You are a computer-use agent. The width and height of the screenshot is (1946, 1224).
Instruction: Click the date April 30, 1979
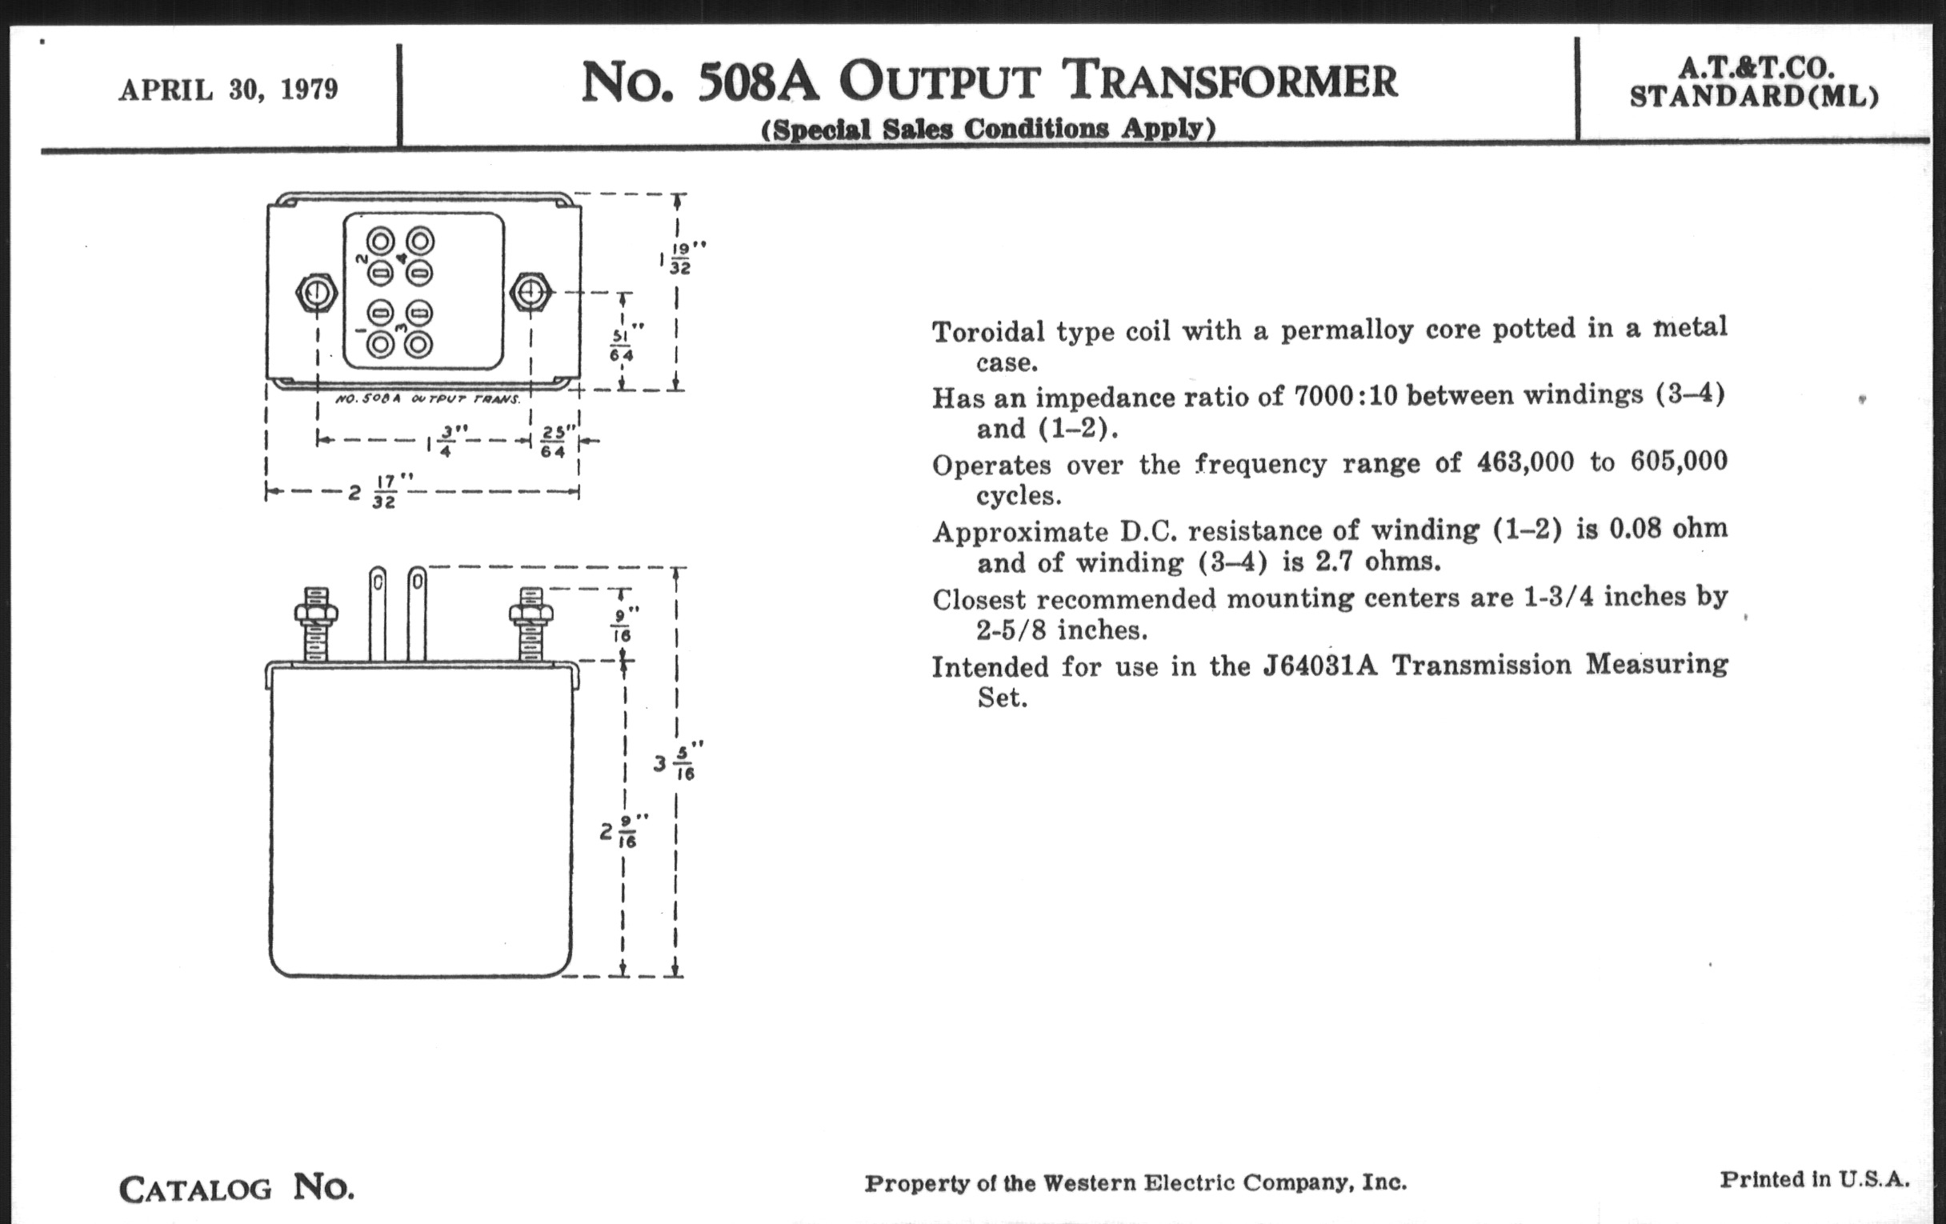pos(228,90)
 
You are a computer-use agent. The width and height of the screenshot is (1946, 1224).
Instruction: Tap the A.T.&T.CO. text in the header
pos(1753,67)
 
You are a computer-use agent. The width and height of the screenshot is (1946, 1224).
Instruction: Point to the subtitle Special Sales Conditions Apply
pos(987,130)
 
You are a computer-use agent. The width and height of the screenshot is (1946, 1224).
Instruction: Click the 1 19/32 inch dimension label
pos(678,258)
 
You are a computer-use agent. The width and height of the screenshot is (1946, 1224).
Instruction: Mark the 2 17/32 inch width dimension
pos(377,491)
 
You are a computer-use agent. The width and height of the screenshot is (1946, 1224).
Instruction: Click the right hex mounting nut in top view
pos(531,293)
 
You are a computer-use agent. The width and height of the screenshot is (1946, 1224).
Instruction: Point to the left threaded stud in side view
pos(316,625)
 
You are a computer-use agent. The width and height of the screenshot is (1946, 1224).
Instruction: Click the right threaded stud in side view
pos(531,625)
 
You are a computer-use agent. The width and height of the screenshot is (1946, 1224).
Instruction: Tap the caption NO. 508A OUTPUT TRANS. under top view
pos(427,399)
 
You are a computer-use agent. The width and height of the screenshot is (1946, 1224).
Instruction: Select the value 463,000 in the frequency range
pos(1525,463)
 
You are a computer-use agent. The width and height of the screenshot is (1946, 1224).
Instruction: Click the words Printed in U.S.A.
pos(1813,1179)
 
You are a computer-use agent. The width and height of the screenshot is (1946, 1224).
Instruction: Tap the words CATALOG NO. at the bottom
pos(236,1189)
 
